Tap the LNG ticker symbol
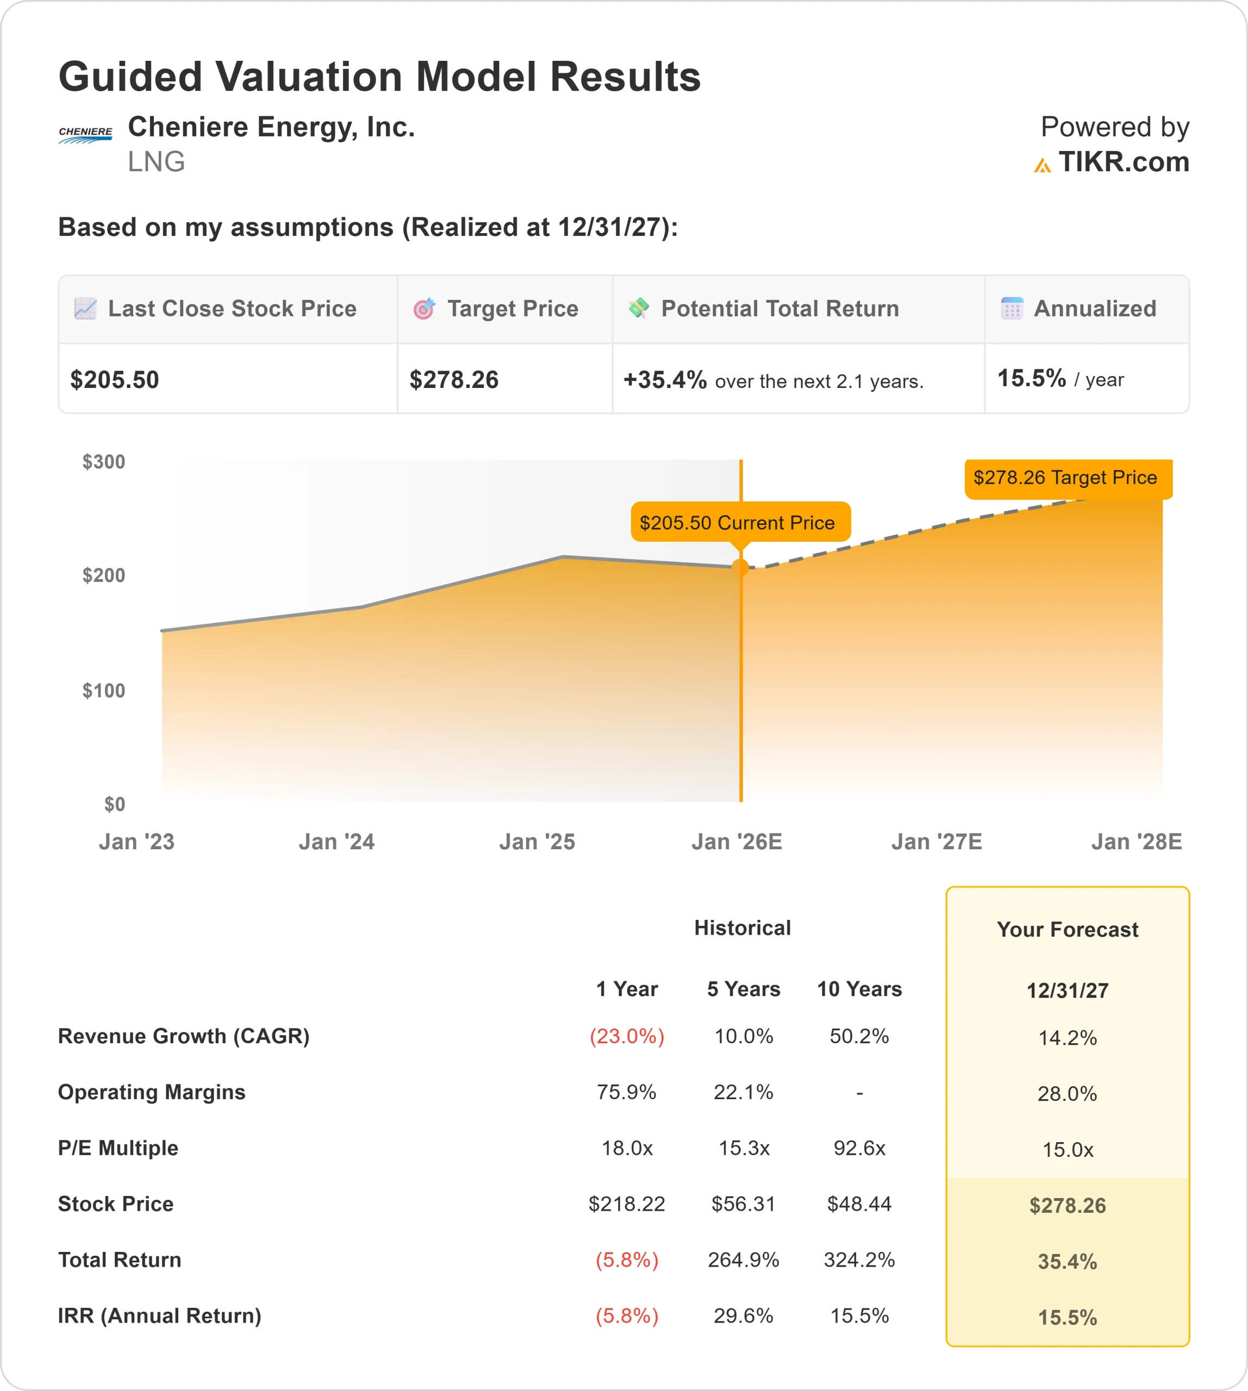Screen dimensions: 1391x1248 pos(157,162)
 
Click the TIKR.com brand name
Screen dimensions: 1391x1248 pos(1123,162)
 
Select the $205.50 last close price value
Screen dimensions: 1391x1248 pos(115,380)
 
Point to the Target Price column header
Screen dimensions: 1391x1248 pos(512,309)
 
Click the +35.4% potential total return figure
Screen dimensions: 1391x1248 pos(664,380)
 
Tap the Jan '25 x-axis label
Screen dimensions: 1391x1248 pos(537,841)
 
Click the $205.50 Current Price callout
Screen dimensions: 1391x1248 pos(737,522)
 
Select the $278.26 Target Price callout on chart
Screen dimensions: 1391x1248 pos(1065,477)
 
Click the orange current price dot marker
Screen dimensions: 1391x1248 pos(740,567)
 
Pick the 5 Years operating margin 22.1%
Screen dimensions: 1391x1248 pos(744,1092)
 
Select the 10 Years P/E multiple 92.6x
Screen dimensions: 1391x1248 pos(859,1148)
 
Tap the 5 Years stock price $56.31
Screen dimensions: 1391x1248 pos(744,1204)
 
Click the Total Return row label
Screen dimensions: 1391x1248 pos(120,1260)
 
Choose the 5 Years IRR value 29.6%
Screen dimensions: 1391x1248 pos(744,1315)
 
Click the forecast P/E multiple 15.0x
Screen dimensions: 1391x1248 pos(1068,1150)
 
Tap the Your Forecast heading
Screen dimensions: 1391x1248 pos(1067,930)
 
